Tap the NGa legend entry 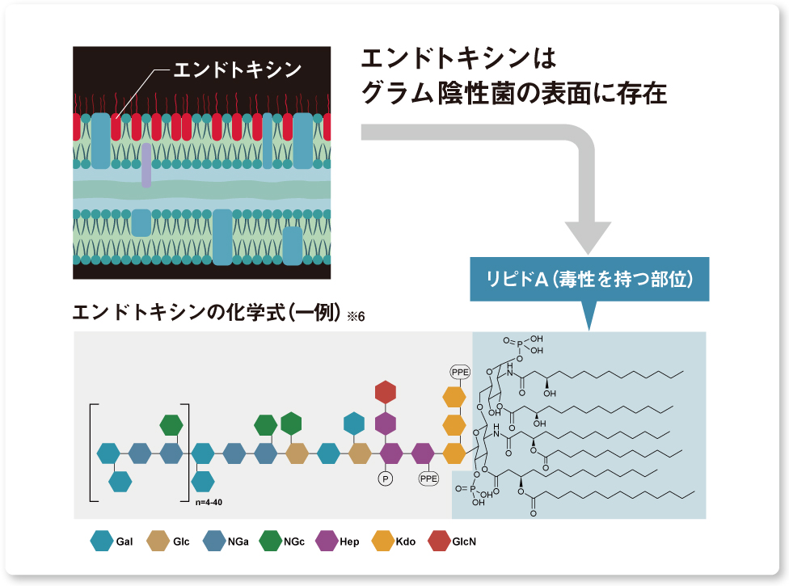(x=226, y=542)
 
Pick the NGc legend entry (x=284, y=542)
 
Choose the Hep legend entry (x=340, y=542)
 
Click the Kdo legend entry (x=396, y=542)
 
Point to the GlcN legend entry (x=454, y=542)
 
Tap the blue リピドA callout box (x=589, y=280)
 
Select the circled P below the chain (x=386, y=478)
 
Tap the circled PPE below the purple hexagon (x=428, y=478)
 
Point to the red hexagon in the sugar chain (x=386, y=393)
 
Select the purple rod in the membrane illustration (x=146, y=166)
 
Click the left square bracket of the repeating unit (x=94, y=453)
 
